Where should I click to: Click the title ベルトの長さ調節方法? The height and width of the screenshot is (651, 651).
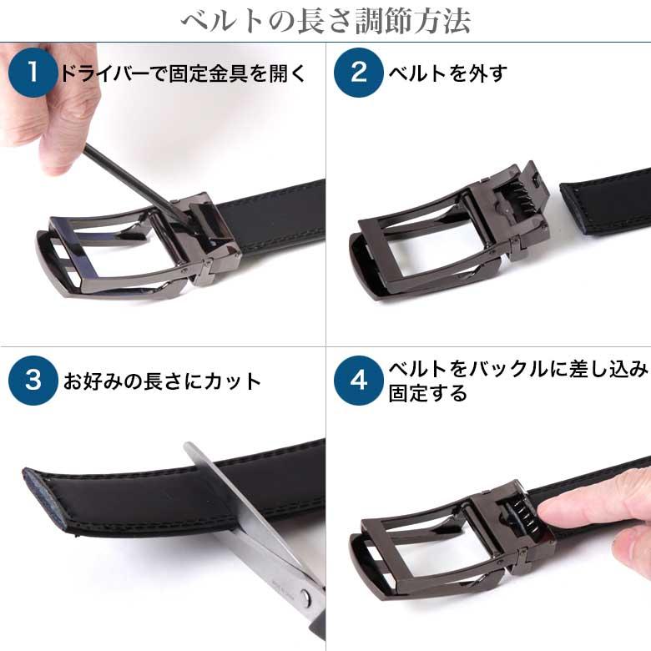(325, 20)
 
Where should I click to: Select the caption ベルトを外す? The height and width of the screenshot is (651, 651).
(447, 73)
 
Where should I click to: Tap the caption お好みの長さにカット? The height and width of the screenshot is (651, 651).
(162, 381)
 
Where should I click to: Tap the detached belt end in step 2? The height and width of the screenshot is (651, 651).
(605, 200)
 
